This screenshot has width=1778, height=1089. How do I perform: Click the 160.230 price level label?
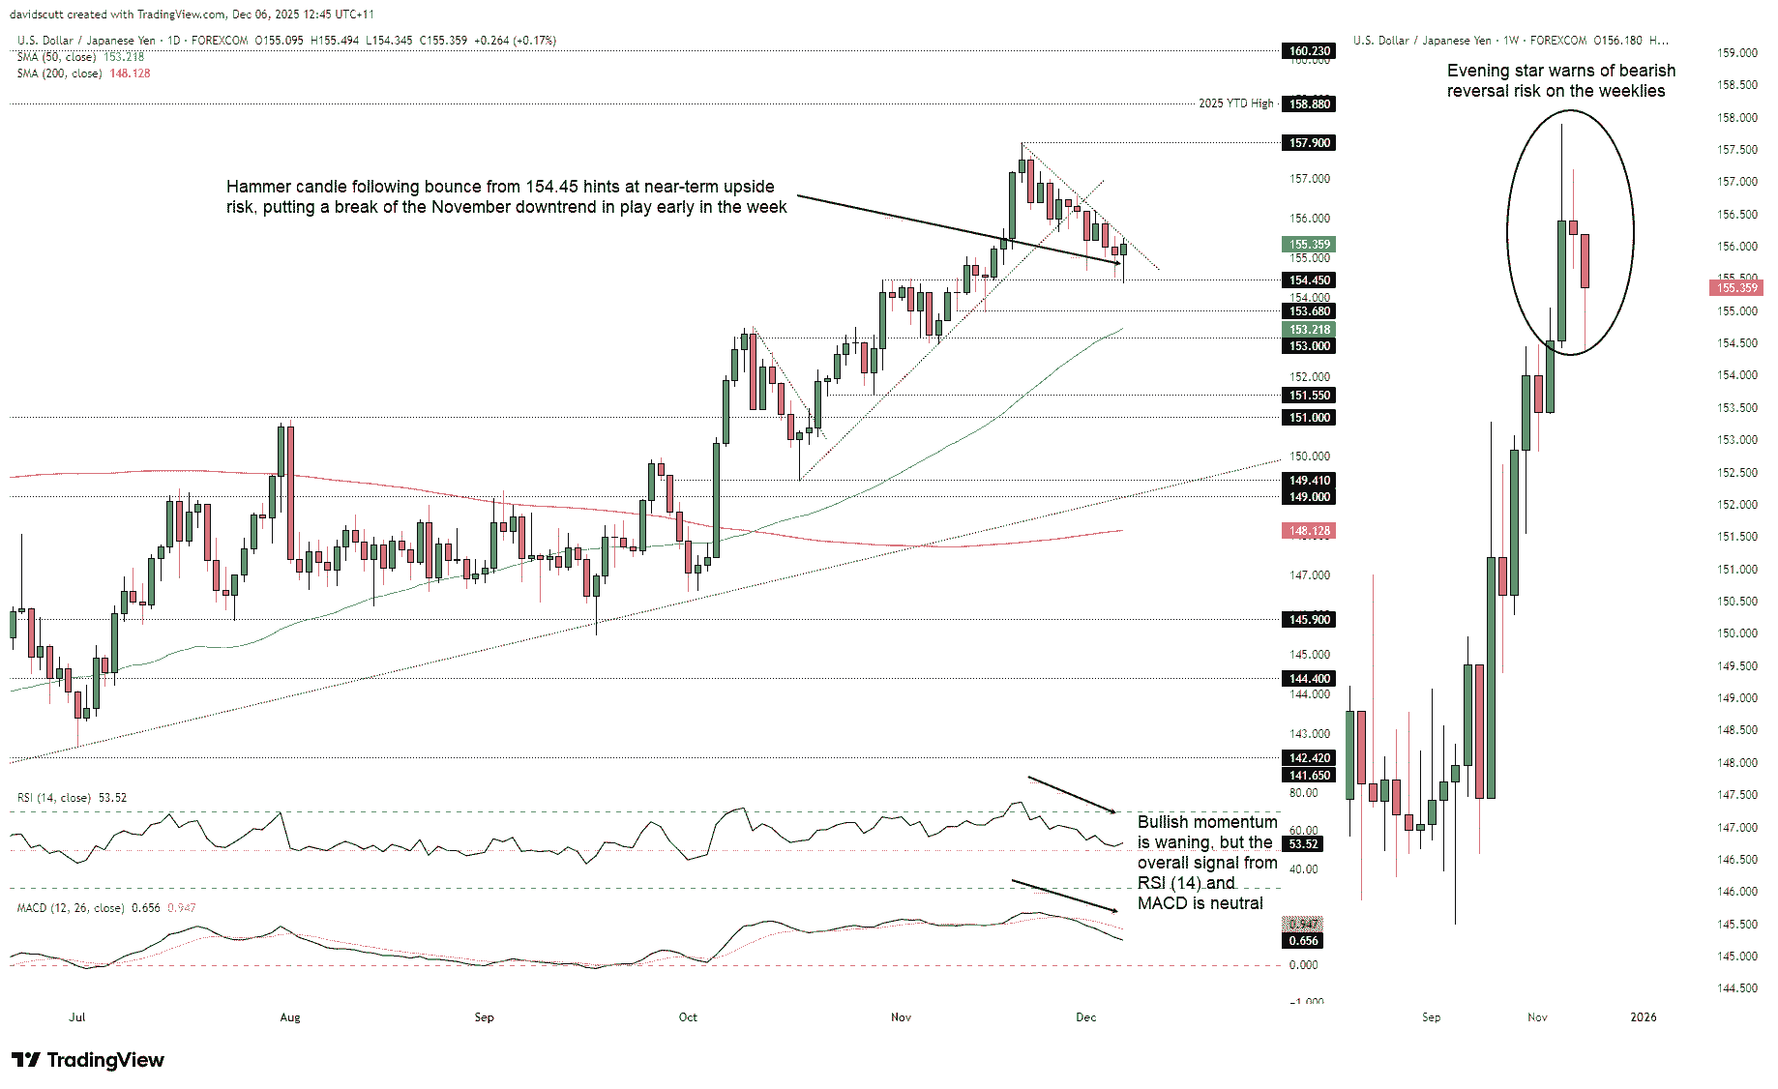point(1309,50)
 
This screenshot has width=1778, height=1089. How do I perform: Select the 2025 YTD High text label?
point(1235,103)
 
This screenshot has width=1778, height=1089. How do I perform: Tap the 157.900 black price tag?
point(1309,142)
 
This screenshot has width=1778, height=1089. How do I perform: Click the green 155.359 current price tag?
point(1309,245)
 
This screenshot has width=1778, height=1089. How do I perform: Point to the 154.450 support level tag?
point(1309,280)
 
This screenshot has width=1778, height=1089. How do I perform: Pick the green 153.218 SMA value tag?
point(1309,330)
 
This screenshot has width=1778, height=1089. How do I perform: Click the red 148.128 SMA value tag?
point(1309,530)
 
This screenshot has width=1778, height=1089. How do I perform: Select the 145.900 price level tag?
point(1309,619)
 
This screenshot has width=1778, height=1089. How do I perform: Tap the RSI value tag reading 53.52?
point(1303,843)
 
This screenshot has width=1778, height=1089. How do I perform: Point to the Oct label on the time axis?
point(688,1016)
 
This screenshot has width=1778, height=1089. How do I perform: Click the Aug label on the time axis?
point(289,1016)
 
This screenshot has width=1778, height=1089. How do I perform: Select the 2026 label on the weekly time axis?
point(1643,1016)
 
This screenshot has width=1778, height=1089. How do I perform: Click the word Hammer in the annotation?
point(256,187)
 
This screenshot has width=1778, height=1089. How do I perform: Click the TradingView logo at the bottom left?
point(88,1060)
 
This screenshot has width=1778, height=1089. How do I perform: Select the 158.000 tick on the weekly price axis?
point(1736,117)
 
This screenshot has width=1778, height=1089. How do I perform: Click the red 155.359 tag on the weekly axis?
point(1736,287)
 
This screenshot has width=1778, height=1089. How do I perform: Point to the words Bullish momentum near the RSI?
point(1206,822)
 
